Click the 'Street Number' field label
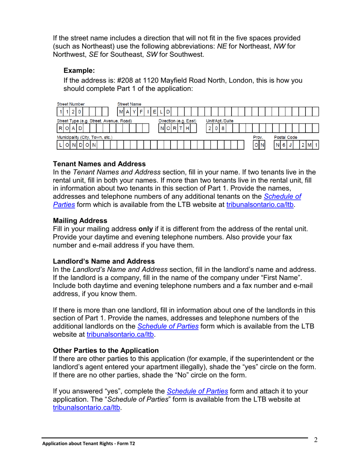coord(70,104)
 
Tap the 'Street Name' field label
coord(129,104)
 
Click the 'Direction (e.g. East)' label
coord(177,121)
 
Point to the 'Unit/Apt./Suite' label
coord(219,121)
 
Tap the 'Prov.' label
coord(258,137)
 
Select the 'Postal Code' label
coord(286,137)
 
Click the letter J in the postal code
coord(290,145)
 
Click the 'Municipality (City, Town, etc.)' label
coord(85,137)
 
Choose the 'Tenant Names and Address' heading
coord(99,164)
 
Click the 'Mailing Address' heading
coord(80,220)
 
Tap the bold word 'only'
coord(145,229)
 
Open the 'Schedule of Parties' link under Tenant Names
coord(282,197)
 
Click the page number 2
coord(315,440)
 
